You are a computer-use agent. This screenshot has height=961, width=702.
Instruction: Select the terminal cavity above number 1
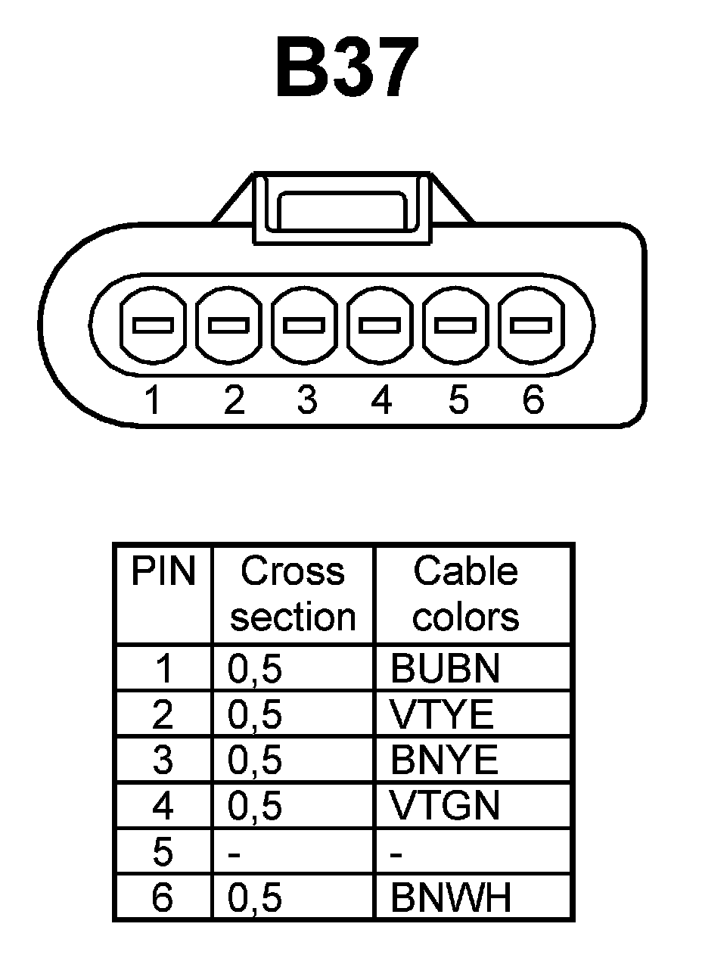(154, 325)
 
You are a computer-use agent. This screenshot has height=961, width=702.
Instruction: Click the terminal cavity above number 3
(305, 325)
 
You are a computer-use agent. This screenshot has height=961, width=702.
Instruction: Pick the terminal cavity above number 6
(531, 325)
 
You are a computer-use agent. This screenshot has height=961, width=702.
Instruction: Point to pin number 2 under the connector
(234, 400)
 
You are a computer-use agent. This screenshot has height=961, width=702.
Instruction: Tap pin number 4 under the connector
(381, 400)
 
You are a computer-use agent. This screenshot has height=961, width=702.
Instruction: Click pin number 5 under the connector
(458, 400)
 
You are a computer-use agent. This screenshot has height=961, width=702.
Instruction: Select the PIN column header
(163, 572)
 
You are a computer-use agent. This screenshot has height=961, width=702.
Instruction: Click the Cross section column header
(293, 594)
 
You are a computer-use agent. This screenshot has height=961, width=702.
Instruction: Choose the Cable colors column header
(465, 594)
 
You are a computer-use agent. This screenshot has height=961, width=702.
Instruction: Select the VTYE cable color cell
(442, 715)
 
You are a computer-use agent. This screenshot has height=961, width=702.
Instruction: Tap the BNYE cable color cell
(445, 760)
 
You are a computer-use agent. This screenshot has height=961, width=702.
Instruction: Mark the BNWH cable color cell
(451, 898)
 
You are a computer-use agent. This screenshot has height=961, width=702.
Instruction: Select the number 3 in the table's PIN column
(163, 760)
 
